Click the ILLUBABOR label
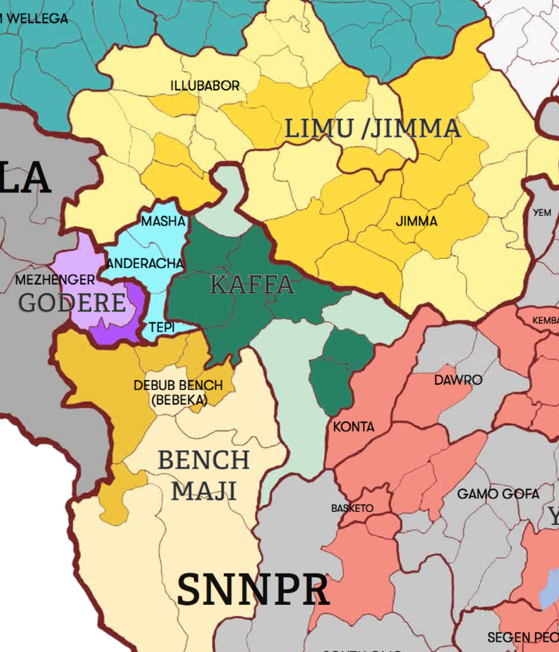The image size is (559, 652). pyautogui.click(x=205, y=85)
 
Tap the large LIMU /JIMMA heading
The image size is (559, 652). pyautogui.click(x=372, y=129)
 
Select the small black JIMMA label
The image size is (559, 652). pyautogui.click(x=416, y=222)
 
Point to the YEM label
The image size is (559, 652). pyautogui.click(x=542, y=213)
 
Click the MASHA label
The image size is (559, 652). pyautogui.click(x=163, y=221)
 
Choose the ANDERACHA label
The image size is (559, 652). pyautogui.click(x=145, y=264)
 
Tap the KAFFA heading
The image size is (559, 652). pyautogui.click(x=252, y=285)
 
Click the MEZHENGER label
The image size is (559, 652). pyautogui.click(x=55, y=280)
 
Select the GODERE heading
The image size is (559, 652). pyautogui.click(x=72, y=303)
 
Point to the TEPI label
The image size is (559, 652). pyautogui.click(x=161, y=327)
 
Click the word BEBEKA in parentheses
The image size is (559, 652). pyautogui.click(x=180, y=399)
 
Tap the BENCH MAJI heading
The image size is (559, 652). pyautogui.click(x=204, y=475)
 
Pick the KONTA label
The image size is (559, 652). pyautogui.click(x=354, y=427)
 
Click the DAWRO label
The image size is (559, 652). pyautogui.click(x=458, y=380)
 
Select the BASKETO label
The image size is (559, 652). pyautogui.click(x=352, y=508)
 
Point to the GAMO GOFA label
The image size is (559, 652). pyautogui.click(x=498, y=494)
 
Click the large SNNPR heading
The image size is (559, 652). pyautogui.click(x=252, y=590)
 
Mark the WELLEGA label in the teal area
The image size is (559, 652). pyautogui.click(x=38, y=19)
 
